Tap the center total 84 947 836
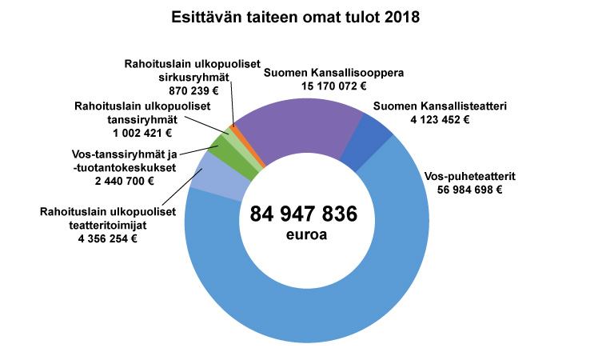coord(303,214)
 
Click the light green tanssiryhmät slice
coord(227,136)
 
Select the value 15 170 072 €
coord(333,85)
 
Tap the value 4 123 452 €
coord(437,119)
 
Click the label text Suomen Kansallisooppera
coord(333,71)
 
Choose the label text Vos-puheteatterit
coord(460,176)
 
